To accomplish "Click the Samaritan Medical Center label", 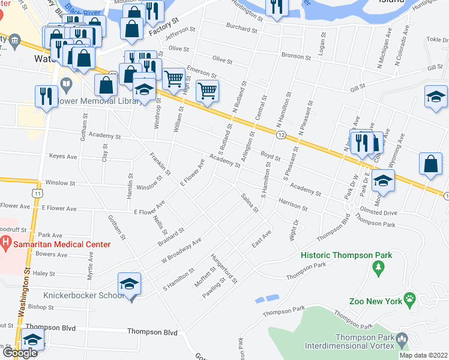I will [x=61, y=244].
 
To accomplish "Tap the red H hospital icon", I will [x=5, y=244].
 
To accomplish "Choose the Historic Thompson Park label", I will [x=346, y=255].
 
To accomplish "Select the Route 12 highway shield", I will [x=281, y=136].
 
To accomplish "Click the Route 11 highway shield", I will [x=38, y=194].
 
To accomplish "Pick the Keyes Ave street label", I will [x=64, y=157].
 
